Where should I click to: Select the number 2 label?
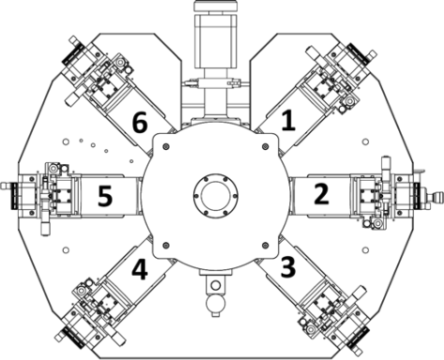click(321, 194)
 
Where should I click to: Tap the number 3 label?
click(288, 267)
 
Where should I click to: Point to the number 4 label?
click(140, 269)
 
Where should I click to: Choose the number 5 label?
click(105, 196)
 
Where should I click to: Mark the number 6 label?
click(140, 123)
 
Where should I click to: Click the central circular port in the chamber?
click(215, 195)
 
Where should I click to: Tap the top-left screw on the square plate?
click(166, 146)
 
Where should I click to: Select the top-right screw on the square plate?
click(266, 146)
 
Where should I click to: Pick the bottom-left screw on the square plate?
click(166, 245)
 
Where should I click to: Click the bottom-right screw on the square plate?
click(266, 245)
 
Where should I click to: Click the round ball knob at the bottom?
click(215, 304)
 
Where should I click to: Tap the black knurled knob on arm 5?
click(13, 196)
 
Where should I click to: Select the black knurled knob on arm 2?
click(417, 196)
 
